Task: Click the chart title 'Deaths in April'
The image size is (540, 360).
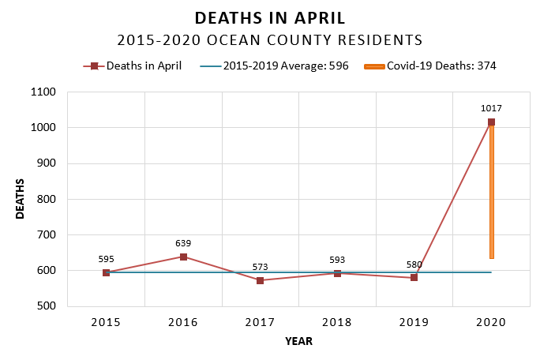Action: (x=270, y=18)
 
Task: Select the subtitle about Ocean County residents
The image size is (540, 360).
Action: (x=270, y=39)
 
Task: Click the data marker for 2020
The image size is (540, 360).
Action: (x=491, y=122)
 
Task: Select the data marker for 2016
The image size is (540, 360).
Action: (x=183, y=257)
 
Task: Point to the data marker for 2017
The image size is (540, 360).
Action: (x=261, y=280)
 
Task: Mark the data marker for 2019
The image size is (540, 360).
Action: (x=414, y=278)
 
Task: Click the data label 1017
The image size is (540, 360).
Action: (x=492, y=109)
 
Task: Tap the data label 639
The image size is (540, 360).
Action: (x=183, y=243)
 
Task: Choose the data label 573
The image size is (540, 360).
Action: (x=261, y=267)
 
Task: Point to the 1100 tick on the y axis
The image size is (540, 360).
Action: (x=44, y=92)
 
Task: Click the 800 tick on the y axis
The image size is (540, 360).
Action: (x=47, y=199)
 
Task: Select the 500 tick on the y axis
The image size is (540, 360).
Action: (x=47, y=306)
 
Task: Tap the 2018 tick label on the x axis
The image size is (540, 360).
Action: (x=337, y=322)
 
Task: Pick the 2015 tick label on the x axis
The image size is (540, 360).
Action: (x=106, y=322)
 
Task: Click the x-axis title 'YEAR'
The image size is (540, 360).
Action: (x=298, y=342)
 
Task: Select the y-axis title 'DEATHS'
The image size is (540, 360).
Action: (x=21, y=199)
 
